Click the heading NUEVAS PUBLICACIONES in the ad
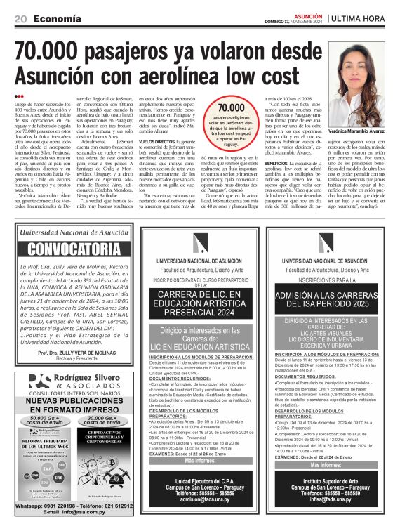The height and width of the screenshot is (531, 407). (x=74, y=400)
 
